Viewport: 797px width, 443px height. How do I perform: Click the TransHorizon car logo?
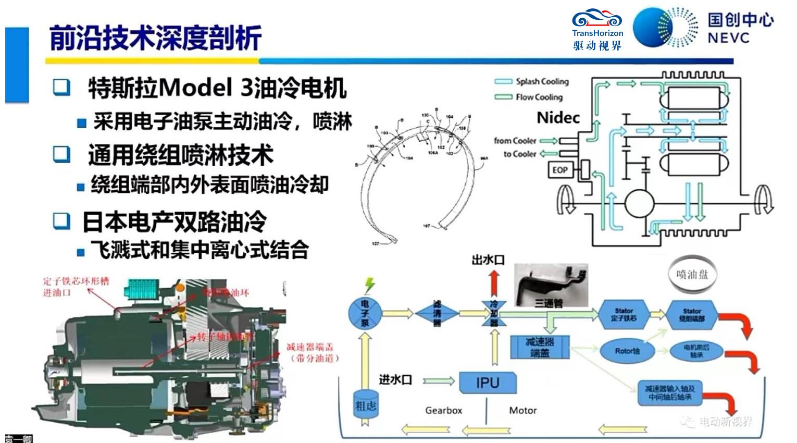click(597, 20)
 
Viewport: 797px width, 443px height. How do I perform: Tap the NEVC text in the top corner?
click(728, 38)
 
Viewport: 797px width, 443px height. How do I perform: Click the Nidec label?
click(558, 118)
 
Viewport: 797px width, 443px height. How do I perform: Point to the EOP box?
click(560, 170)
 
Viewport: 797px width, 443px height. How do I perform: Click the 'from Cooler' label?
click(515, 141)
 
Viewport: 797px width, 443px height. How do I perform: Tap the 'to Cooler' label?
click(520, 154)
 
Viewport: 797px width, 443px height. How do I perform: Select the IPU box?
click(488, 383)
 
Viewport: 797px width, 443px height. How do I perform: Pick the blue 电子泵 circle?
click(365, 313)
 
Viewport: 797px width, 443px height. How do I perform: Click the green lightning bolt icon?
click(369, 285)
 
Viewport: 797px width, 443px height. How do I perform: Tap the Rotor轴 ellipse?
click(627, 351)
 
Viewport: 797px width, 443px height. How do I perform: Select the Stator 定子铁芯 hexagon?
click(624, 314)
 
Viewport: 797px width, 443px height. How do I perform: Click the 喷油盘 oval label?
click(692, 274)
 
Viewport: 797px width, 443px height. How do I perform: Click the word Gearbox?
click(443, 411)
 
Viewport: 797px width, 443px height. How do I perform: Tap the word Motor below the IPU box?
click(522, 411)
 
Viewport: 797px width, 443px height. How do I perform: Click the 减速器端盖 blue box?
click(540, 347)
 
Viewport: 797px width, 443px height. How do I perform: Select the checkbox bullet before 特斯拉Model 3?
click(61, 87)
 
